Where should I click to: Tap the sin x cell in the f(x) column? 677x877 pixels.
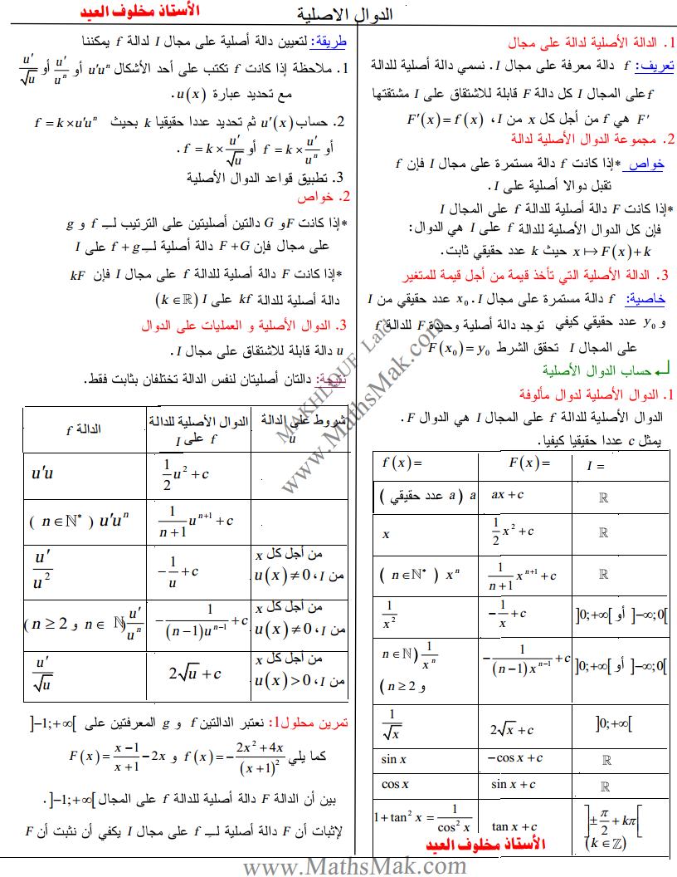pyautogui.click(x=394, y=758)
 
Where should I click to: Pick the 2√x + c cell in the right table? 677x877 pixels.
pyautogui.click(x=516, y=729)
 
